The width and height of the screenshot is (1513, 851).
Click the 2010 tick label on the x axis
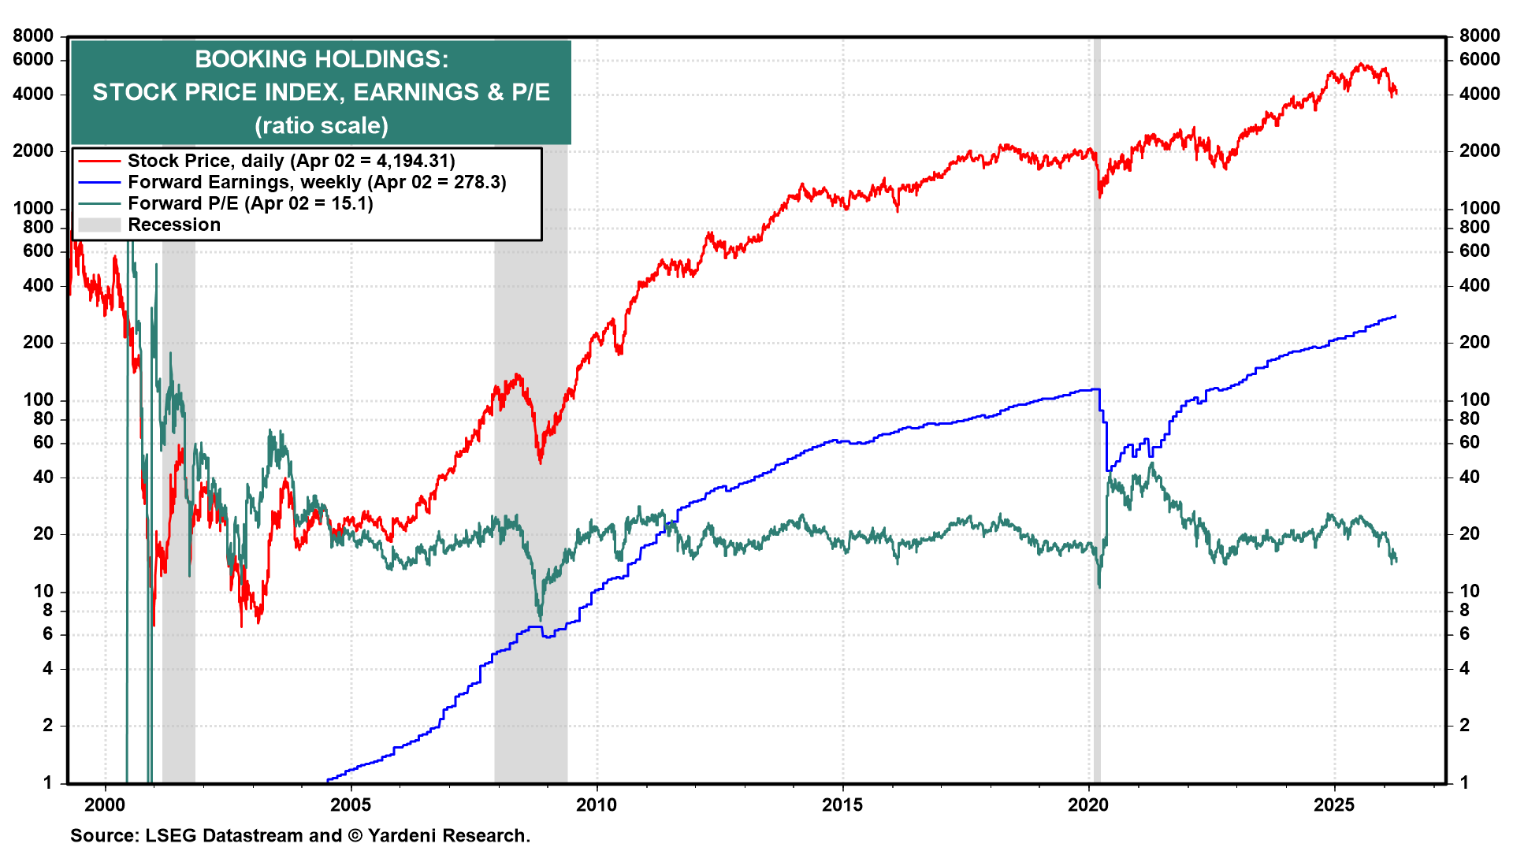coord(597,805)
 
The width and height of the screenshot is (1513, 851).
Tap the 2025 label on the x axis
coord(1334,805)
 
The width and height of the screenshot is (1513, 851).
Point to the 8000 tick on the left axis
coord(33,35)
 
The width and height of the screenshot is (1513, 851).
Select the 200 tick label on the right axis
coord(1474,342)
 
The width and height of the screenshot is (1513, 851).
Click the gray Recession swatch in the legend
coord(99,225)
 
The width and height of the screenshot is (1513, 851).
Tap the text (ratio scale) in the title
coord(321,125)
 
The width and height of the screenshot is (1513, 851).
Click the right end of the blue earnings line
coord(1396,317)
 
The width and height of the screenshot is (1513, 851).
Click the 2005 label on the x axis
coord(351,805)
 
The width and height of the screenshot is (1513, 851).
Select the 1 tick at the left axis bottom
coord(47,782)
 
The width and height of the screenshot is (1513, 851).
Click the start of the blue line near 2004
coord(329,781)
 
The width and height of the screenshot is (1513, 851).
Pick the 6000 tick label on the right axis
coord(1479,59)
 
